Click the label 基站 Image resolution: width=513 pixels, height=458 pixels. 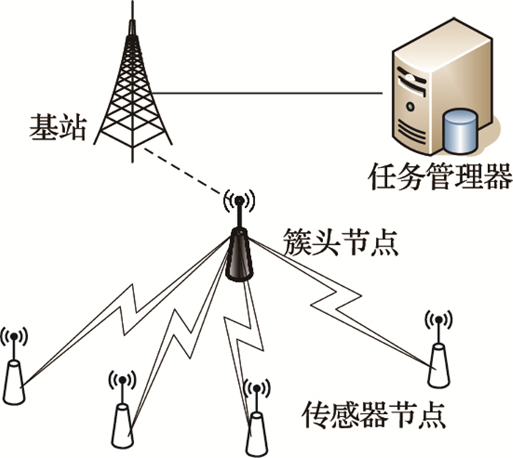click(x=58, y=128)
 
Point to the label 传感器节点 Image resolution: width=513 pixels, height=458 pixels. click(x=373, y=414)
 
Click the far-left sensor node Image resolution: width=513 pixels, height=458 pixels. click(x=14, y=380)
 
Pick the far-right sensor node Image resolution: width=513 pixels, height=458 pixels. click(x=438, y=364)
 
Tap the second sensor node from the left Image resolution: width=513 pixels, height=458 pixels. click(x=122, y=424)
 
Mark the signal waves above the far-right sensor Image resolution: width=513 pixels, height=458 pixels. click(x=438, y=320)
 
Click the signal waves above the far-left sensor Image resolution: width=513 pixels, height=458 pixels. click(x=13, y=337)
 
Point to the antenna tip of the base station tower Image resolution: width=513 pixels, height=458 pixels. click(x=133, y=7)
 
